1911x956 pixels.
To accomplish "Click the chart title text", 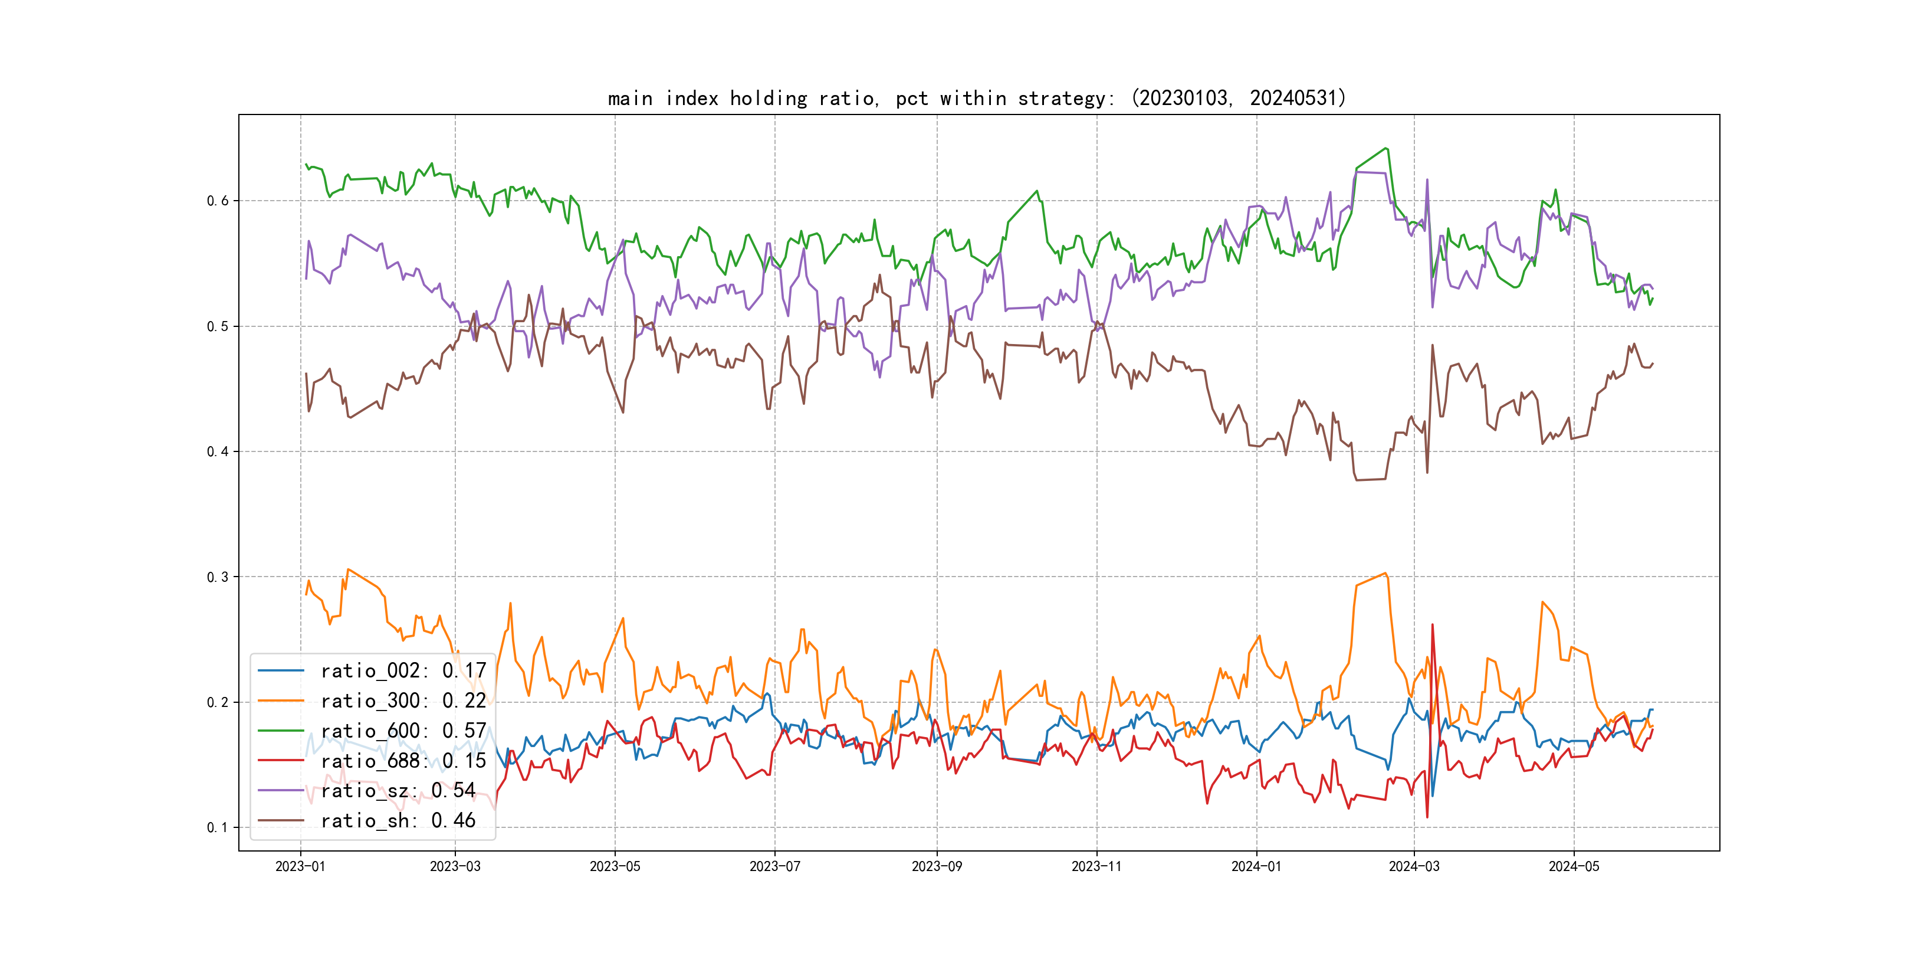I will [976, 98].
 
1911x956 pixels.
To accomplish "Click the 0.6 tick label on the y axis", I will [218, 201].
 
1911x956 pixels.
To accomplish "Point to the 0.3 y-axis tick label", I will [218, 577].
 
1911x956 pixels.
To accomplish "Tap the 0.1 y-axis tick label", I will [218, 827].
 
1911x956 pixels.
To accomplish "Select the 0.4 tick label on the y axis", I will [218, 451].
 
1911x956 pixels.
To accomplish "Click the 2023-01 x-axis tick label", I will [300, 866].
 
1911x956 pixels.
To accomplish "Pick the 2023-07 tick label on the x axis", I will [774, 866].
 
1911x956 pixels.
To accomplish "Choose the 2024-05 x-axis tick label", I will [1574, 866].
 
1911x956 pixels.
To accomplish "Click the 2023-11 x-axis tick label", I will [1096, 866].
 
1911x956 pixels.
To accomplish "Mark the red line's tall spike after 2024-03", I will [1433, 625].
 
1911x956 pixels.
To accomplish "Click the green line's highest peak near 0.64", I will [1386, 149].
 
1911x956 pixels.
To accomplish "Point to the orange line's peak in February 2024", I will [1385, 573].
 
